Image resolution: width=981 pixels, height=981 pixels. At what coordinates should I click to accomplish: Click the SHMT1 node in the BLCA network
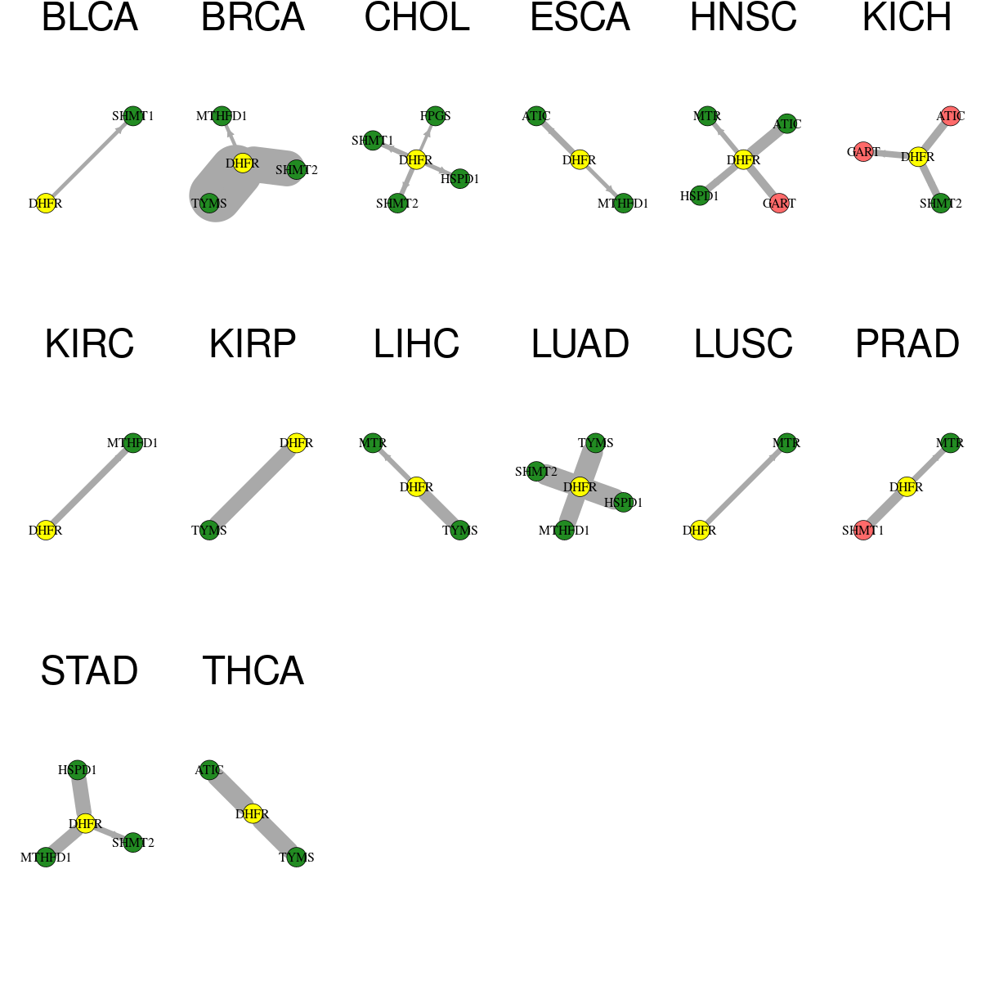tap(133, 116)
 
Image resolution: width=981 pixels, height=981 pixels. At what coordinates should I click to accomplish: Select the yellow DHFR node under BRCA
tap(242, 163)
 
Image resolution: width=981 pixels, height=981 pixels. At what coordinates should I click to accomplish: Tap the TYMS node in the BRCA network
tap(209, 203)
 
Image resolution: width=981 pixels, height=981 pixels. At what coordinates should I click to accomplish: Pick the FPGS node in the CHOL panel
tap(435, 116)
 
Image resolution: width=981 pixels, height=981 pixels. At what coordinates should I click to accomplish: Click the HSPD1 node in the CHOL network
tap(459, 179)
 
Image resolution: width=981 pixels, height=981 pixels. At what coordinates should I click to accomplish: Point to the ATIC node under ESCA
tap(536, 116)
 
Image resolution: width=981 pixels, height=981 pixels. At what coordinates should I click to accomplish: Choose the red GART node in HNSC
tap(779, 203)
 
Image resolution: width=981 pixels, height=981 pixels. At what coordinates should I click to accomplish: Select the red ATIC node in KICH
tap(951, 116)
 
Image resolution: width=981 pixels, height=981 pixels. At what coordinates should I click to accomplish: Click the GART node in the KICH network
tap(863, 152)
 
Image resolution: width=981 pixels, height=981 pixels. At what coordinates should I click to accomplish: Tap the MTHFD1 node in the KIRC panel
tap(133, 443)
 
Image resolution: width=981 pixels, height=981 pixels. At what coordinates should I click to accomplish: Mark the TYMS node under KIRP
tap(209, 530)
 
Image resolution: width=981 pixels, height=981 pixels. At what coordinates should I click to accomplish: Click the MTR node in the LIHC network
tap(373, 443)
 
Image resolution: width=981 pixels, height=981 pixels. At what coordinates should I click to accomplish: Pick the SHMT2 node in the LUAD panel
tap(536, 472)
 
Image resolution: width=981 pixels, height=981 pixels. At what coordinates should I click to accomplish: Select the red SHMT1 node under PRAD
tap(863, 530)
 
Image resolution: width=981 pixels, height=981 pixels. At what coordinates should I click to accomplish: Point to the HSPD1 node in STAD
tap(78, 770)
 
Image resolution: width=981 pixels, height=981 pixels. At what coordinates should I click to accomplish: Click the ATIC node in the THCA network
tap(209, 770)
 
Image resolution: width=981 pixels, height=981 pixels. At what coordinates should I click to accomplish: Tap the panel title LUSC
tap(743, 343)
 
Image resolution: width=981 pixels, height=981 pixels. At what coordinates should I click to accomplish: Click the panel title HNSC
tap(743, 17)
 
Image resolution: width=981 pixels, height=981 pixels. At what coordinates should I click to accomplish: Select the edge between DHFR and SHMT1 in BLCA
tap(90, 160)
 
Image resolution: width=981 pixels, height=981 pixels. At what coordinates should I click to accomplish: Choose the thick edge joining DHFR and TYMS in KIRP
tap(253, 486)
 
